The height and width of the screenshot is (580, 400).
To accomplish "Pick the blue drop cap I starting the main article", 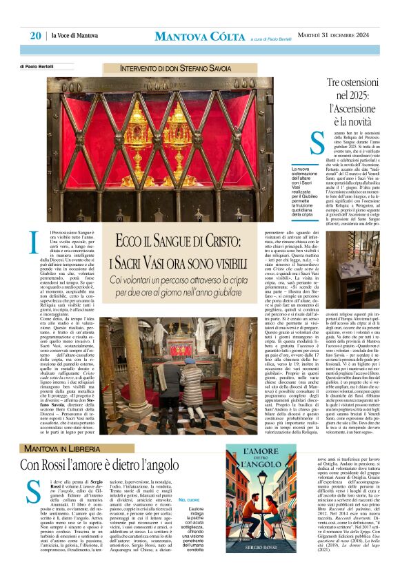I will pyautogui.click(x=34, y=243).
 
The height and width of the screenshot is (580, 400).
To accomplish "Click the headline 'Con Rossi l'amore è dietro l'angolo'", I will pyautogui.click(x=117, y=464).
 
